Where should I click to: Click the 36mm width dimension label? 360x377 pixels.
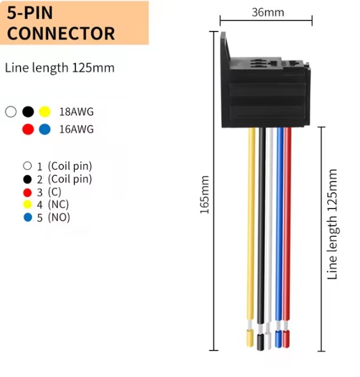tap(267, 12)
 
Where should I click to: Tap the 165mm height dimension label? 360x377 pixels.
tap(205, 195)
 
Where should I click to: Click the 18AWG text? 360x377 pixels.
tap(76, 112)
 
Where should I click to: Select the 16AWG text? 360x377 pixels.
tap(76, 129)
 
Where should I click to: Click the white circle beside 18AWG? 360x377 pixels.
tap(11, 111)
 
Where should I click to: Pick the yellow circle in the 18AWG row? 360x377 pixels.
tap(45, 111)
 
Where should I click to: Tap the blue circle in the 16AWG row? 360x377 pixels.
tap(45, 129)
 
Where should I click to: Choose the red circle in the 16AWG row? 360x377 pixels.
tap(28, 129)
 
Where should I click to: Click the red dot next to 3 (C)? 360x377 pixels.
tap(28, 192)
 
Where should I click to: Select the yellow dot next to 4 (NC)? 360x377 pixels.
tap(28, 205)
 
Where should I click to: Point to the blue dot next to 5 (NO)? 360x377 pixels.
tap(28, 217)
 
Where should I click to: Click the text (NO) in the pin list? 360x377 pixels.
tap(59, 217)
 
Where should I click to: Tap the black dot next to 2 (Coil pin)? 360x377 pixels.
tap(28, 179)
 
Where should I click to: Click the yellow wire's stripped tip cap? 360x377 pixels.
tap(250, 338)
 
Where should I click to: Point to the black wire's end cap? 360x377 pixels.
tap(260, 342)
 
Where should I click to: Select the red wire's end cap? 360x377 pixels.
tap(286, 339)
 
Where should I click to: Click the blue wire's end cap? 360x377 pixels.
tap(278, 339)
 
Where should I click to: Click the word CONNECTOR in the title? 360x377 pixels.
tap(61, 33)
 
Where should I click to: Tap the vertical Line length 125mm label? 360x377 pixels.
tap(332, 224)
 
